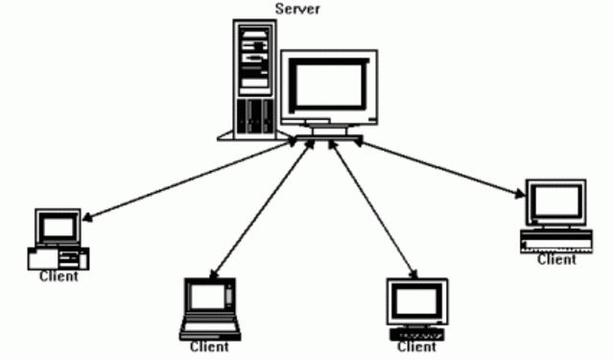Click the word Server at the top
296,10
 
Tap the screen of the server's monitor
329,85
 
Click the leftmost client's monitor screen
58,227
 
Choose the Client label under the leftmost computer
59,276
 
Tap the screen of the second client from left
208,298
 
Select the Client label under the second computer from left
209,347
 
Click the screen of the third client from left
417,301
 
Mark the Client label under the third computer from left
416,347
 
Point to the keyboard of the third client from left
417,333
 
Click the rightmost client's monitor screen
555,203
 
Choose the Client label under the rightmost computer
556,259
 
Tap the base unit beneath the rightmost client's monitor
555,240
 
